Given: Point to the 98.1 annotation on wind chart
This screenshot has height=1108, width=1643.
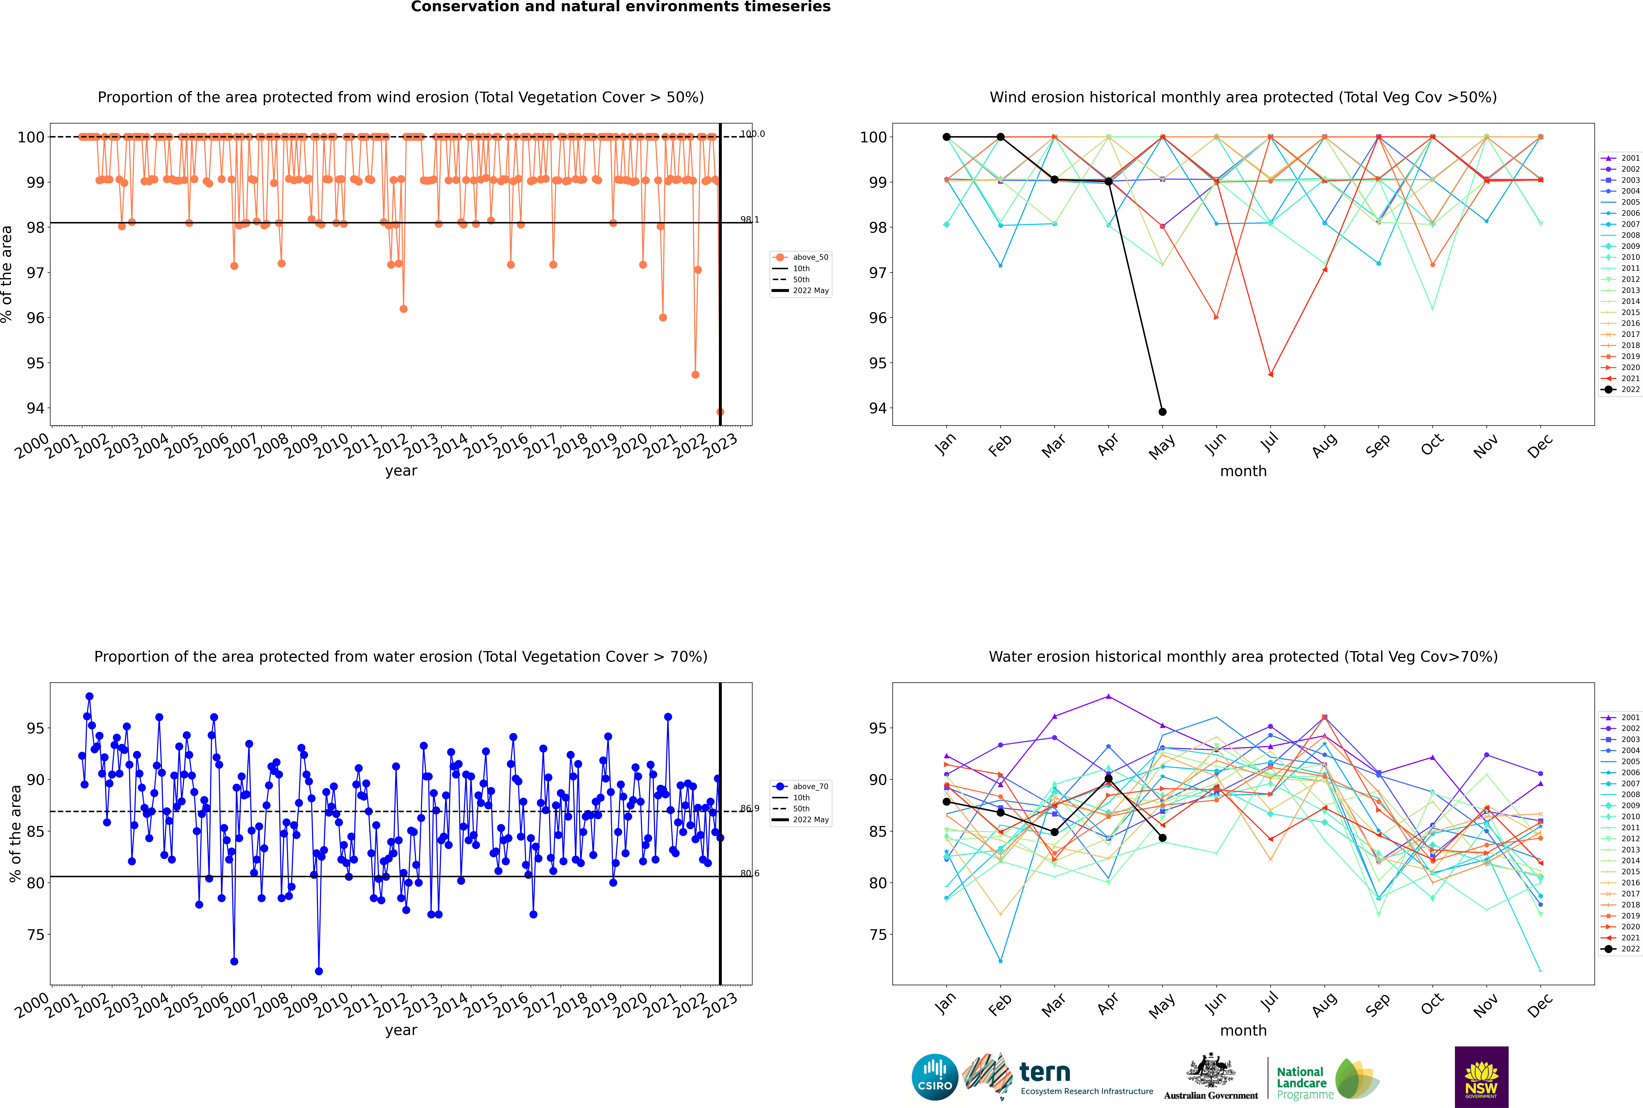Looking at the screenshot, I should pyautogui.click(x=749, y=220).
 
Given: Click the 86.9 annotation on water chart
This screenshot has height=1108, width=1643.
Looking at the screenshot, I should pyautogui.click(x=749, y=808).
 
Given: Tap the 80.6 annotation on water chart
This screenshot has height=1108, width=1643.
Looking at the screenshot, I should pyautogui.click(x=749, y=873).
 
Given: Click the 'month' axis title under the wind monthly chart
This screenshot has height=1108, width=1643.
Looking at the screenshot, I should pyautogui.click(x=1243, y=471).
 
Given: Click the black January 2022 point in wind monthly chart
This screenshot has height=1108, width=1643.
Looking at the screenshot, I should pyautogui.click(x=947, y=137).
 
